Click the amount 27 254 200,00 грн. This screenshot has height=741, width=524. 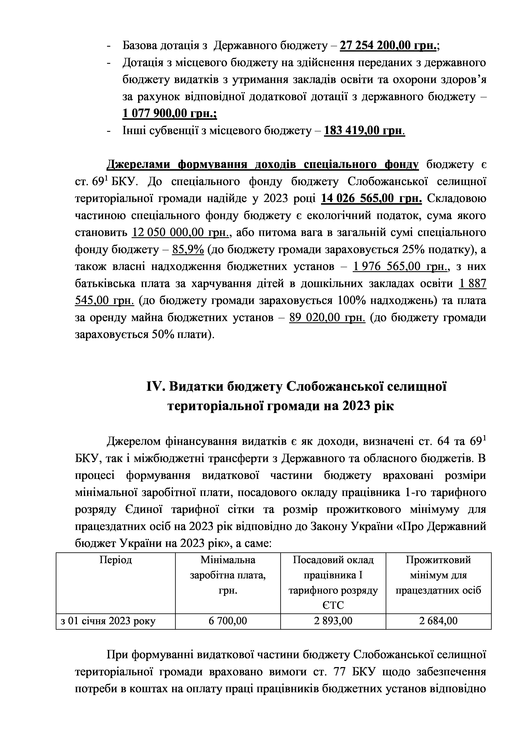point(388,46)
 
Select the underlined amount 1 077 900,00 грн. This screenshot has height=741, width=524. point(169,114)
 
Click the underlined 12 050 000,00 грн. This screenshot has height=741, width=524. point(180,232)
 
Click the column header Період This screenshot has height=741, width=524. point(116,560)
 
